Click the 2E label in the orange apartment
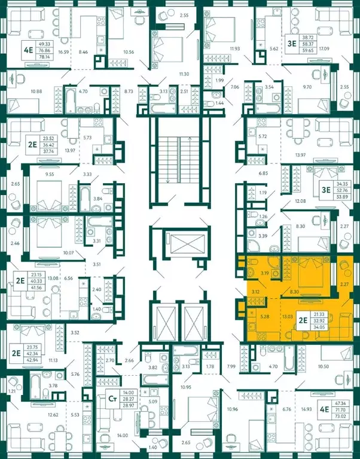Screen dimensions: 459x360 pyautogui.click(x=303, y=320)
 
